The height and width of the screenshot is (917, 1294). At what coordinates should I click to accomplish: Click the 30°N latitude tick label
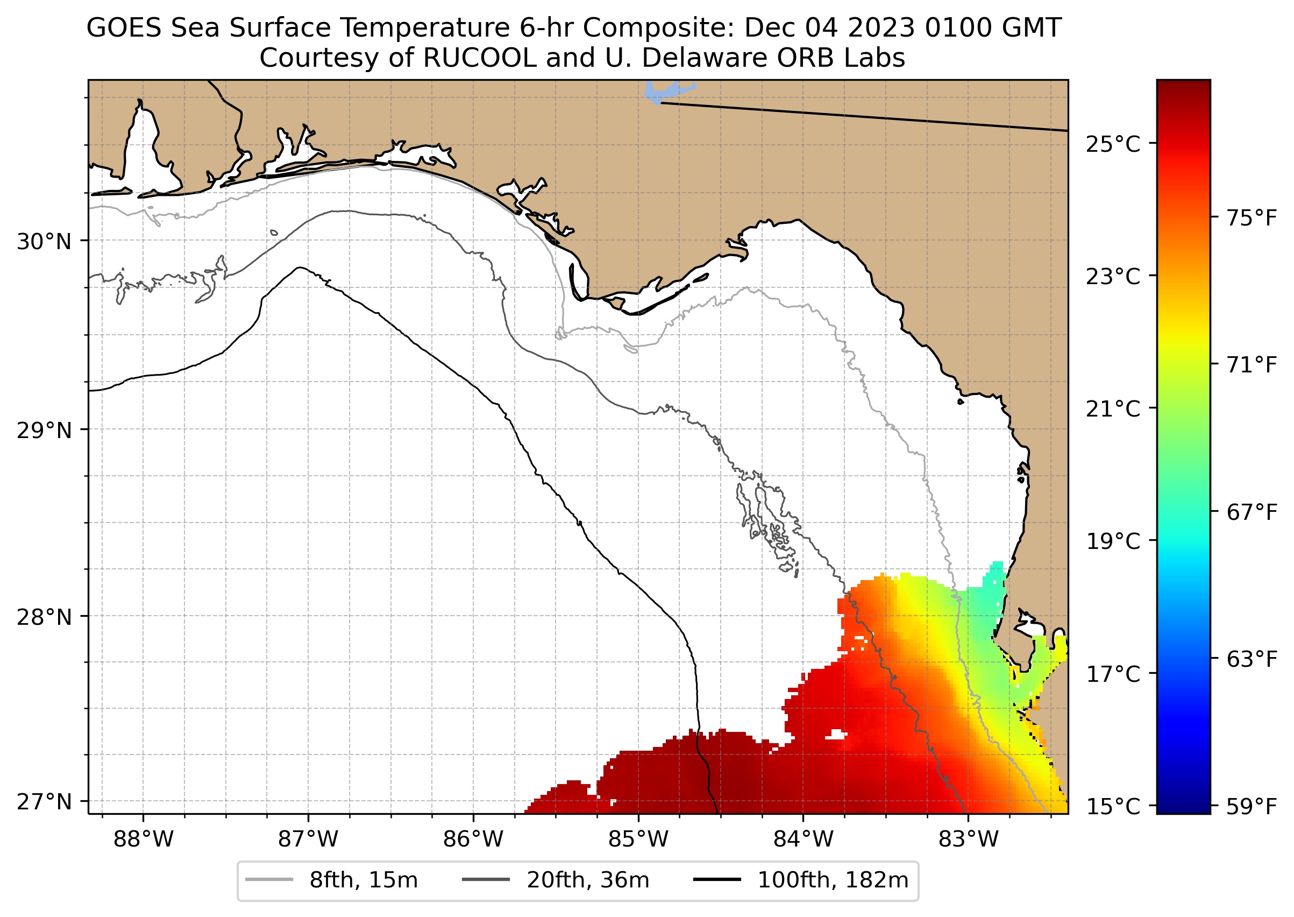click(44, 242)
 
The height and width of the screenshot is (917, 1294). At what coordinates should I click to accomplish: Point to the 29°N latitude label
click(44, 431)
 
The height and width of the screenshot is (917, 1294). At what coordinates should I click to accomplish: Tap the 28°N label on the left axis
click(44, 617)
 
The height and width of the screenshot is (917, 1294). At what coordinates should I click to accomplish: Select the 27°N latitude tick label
click(44, 801)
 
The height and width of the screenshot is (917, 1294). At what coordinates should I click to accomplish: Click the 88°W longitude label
click(144, 840)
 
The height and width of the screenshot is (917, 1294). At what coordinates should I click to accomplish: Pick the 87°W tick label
click(308, 840)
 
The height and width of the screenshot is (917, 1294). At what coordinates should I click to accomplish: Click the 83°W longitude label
click(969, 840)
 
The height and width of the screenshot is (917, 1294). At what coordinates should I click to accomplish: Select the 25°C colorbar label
click(1112, 145)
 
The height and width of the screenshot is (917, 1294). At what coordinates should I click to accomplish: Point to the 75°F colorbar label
click(1251, 218)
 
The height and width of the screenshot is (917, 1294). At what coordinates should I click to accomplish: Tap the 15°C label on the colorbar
click(1112, 807)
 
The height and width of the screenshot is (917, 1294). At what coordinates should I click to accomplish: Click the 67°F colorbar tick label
click(1251, 513)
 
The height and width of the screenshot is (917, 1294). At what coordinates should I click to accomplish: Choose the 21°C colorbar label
click(1112, 409)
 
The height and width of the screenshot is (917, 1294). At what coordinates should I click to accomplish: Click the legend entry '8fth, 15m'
click(364, 880)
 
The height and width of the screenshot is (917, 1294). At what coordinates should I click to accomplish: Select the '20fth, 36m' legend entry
click(587, 880)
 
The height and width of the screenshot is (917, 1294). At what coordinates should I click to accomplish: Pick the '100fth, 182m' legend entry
click(833, 880)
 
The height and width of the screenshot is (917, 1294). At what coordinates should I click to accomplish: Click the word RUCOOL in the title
click(479, 58)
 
